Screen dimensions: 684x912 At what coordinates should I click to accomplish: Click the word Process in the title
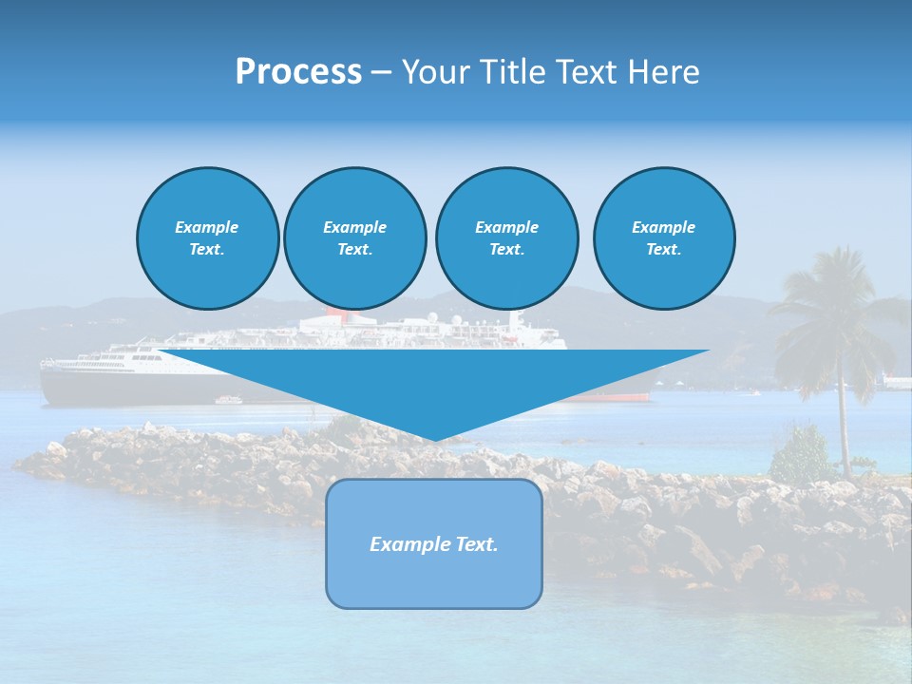[298, 72]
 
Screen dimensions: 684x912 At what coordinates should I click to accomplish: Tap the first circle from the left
[207, 237]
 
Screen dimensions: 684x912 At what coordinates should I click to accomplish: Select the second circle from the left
[354, 237]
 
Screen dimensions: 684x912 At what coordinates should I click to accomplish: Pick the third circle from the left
[506, 237]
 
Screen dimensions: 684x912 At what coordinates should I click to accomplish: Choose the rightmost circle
[663, 237]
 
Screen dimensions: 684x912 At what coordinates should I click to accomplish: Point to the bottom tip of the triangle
[434, 438]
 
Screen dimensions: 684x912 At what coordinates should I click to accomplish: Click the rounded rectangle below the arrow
[434, 579]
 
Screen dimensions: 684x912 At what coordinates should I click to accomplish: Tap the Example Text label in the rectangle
[434, 544]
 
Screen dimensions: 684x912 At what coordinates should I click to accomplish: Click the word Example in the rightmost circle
[663, 227]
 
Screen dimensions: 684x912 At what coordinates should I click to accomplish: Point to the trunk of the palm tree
[842, 427]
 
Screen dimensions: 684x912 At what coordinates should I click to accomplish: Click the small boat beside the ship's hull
[229, 400]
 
